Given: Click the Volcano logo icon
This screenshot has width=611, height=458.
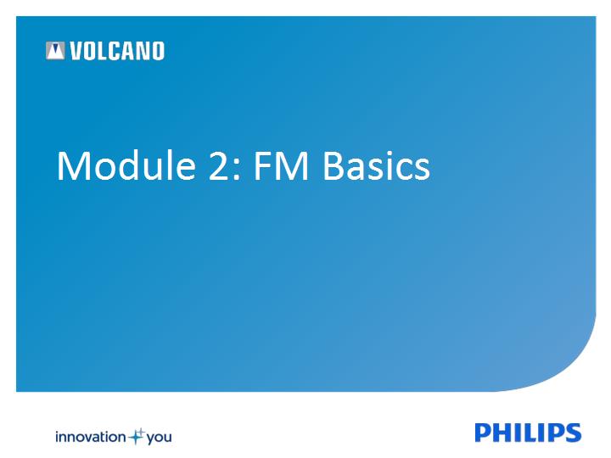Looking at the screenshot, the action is [x=55, y=51].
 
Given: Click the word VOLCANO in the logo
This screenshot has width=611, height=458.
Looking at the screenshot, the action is [x=117, y=51].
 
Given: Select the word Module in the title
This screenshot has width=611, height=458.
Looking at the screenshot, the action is [x=126, y=165].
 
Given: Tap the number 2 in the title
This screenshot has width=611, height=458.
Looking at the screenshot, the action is [x=219, y=166].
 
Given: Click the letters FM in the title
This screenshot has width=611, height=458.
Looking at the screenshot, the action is [x=282, y=166].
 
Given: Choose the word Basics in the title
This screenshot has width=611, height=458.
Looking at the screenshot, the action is [x=377, y=166].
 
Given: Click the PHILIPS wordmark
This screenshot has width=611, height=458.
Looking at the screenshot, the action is [x=528, y=433].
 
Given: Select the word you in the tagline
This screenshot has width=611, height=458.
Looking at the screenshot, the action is [x=159, y=438].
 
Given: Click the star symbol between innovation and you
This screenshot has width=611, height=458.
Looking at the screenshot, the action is [x=136, y=436].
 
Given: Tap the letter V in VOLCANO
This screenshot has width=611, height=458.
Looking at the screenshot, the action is [x=76, y=51].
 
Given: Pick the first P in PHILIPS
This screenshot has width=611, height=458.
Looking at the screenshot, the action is [x=483, y=433].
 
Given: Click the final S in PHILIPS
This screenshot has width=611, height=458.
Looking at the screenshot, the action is [x=573, y=433].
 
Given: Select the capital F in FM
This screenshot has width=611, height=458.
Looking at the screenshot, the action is [x=262, y=166].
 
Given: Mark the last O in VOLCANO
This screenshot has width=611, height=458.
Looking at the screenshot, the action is [x=158, y=51].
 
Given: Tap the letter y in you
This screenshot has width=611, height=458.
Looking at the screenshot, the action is [x=151, y=439].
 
